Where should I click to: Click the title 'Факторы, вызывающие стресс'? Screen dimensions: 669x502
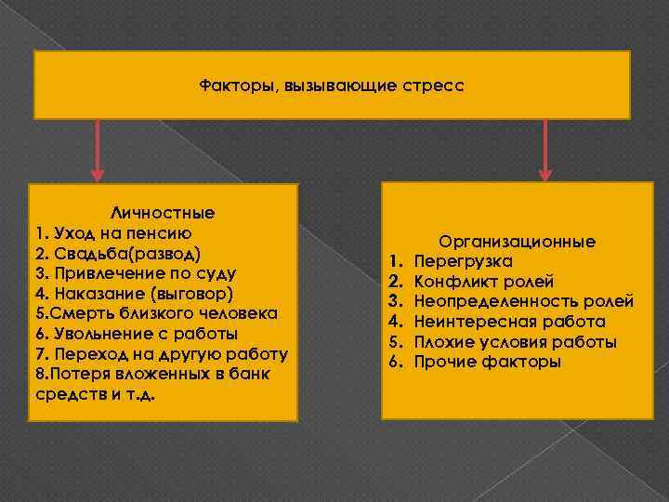pyautogui.click(x=331, y=85)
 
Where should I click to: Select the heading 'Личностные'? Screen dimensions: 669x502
pyautogui.click(x=163, y=212)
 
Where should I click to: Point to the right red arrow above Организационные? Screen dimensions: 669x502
pyautogui.click(x=545, y=149)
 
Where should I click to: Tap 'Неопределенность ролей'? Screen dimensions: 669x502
pyautogui.click(x=524, y=301)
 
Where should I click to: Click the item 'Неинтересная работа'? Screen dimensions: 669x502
pyautogui.click(x=510, y=322)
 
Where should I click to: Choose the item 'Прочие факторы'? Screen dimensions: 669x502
pyautogui.click(x=488, y=362)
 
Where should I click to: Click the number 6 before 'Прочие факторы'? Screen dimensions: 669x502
pyautogui.click(x=394, y=362)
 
